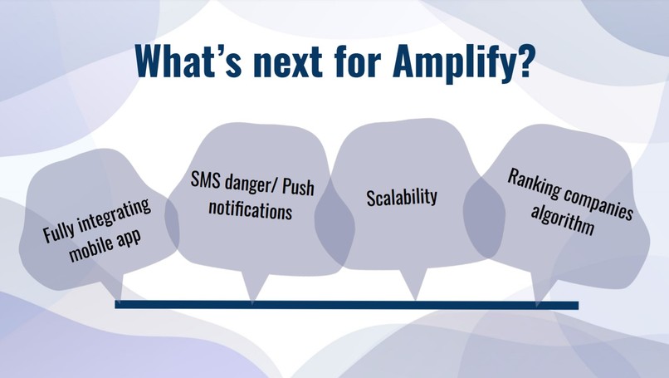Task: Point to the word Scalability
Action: click(402, 198)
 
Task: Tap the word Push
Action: click(299, 189)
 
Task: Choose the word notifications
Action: click(251, 210)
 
